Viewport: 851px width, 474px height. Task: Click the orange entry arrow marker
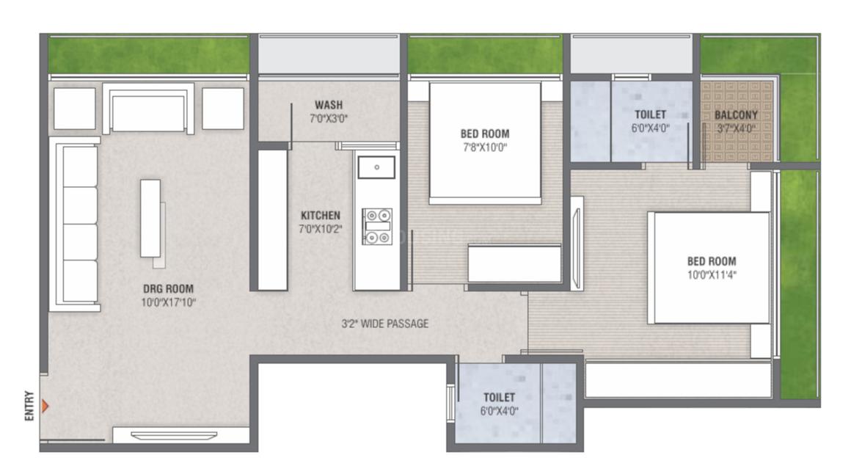tap(45, 405)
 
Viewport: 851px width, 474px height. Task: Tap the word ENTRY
tap(29, 406)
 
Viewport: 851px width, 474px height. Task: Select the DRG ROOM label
tap(169, 288)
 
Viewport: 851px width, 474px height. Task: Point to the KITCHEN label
tap(320, 215)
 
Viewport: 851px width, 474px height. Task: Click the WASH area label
tap(328, 105)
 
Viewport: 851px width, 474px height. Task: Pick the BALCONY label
tap(736, 115)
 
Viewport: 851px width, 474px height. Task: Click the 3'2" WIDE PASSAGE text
tap(385, 324)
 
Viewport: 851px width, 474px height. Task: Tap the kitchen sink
tap(376, 167)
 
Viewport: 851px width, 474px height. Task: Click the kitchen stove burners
tap(376, 226)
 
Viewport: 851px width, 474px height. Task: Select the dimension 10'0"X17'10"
tap(169, 302)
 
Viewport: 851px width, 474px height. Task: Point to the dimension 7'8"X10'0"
tap(484, 147)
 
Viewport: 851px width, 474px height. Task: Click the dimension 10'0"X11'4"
tap(711, 275)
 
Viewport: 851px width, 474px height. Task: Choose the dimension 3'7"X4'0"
tap(736, 128)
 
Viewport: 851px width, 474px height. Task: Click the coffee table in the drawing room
tap(151, 217)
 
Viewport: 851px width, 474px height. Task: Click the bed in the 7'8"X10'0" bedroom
tap(484, 142)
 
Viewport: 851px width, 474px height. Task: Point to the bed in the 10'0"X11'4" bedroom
tap(710, 267)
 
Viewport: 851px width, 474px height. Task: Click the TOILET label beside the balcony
tap(650, 114)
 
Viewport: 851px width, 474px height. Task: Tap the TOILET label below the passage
tap(499, 398)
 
